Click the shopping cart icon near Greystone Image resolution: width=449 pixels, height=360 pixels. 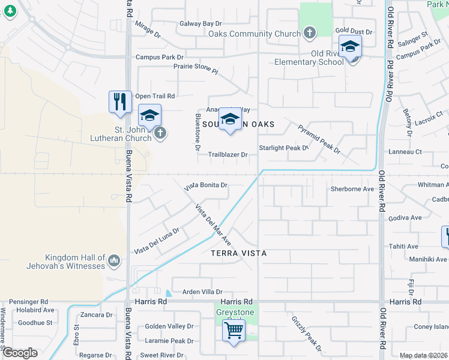pos(233,329)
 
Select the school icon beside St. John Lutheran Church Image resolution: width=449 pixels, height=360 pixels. pos(149,115)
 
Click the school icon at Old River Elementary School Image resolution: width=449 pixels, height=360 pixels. pos(350,46)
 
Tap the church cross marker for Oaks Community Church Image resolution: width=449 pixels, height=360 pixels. pos(309,32)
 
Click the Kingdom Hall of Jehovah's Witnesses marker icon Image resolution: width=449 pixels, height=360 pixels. pos(114,261)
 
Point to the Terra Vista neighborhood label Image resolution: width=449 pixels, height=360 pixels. pos(239,254)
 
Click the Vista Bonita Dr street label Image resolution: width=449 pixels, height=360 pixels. pos(206,185)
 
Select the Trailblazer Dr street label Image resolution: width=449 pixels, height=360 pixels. pos(228,155)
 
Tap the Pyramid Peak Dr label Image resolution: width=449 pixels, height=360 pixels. pos(319,139)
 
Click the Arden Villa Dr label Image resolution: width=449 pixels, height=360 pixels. pos(202,292)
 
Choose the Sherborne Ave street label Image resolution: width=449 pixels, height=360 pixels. pos(352,188)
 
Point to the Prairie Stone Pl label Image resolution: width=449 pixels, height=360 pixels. pos(195,69)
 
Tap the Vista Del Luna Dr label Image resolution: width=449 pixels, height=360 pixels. pos(157,241)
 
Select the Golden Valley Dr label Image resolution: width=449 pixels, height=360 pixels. pos(169,327)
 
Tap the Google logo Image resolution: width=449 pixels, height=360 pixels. pos(20,353)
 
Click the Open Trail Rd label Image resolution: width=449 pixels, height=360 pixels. pos(155,96)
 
